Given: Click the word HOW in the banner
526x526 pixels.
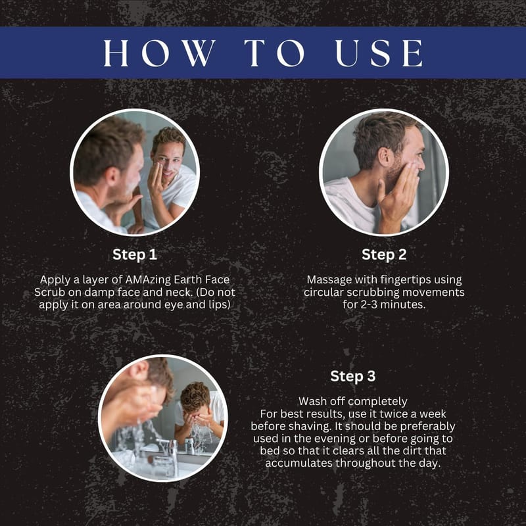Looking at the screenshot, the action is click(x=159, y=53).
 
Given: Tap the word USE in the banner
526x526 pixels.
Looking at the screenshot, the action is click(x=379, y=53).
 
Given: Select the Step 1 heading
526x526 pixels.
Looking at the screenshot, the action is click(x=135, y=254).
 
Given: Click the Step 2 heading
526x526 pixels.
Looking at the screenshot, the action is click(x=384, y=254).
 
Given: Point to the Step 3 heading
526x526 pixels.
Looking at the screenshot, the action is click(x=353, y=376).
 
